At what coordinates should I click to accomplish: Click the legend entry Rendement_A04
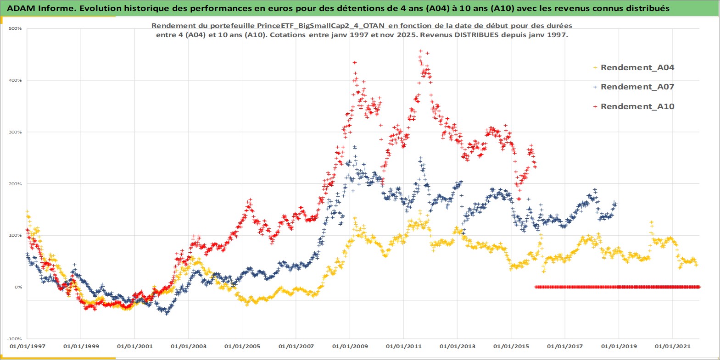[x=637, y=67]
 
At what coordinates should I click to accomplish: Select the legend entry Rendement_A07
[x=637, y=87]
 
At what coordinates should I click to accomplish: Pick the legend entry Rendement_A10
[x=637, y=106]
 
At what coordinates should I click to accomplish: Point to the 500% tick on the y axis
[x=16, y=28]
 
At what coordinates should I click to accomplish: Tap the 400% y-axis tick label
[x=16, y=80]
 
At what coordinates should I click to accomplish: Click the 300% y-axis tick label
[x=16, y=132]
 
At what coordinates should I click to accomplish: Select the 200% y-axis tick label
[x=16, y=184]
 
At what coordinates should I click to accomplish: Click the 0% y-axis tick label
[x=18, y=287]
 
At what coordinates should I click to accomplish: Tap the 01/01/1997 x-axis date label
[x=28, y=346]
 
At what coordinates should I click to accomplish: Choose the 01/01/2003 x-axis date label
[x=189, y=346]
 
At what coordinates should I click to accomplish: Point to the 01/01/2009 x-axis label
[x=350, y=346]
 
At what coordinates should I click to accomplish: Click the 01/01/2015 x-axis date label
[x=511, y=346]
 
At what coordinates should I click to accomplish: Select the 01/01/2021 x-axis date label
[x=672, y=346]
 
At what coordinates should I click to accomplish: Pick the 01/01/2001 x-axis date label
[x=135, y=346]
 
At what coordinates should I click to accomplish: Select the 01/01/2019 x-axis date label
[x=619, y=346]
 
